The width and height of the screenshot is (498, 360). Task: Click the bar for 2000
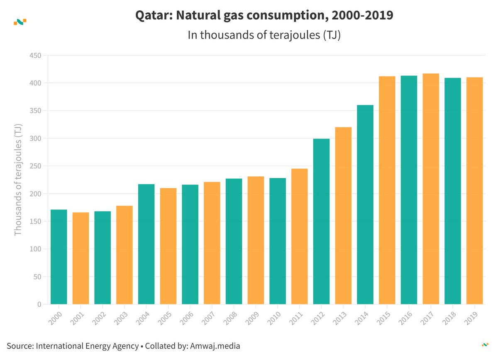point(59,257)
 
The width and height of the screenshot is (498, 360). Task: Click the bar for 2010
point(278,241)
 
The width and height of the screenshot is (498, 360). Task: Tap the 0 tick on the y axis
point(39,304)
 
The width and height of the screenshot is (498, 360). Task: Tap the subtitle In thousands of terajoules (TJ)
point(264,35)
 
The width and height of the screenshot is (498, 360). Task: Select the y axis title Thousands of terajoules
point(18,180)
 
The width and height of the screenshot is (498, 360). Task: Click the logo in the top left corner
point(20,22)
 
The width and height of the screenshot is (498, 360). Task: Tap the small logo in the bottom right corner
point(485,344)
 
